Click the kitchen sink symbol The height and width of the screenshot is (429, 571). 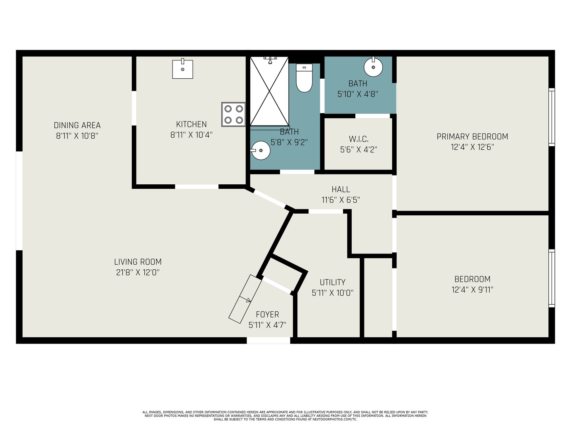[x=183, y=68]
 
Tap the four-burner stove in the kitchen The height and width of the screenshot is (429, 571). [x=233, y=114]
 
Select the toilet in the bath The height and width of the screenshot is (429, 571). [x=304, y=78]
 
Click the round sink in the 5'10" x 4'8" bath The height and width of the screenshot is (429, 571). [x=373, y=67]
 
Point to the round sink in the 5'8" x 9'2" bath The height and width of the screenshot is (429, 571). [x=261, y=150]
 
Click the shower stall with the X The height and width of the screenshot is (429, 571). [x=269, y=91]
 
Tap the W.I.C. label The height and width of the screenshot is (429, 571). [x=359, y=139]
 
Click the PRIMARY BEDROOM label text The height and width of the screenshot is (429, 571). [x=472, y=137]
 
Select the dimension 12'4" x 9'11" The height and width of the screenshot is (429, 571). [x=472, y=290]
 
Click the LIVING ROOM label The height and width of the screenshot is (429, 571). [x=138, y=261]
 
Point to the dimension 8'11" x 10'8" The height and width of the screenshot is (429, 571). [x=77, y=136]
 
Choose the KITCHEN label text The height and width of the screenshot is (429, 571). [x=192, y=124]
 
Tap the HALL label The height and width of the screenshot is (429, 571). [x=341, y=189]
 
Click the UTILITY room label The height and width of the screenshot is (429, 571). [x=332, y=282]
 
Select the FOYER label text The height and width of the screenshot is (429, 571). [x=267, y=314]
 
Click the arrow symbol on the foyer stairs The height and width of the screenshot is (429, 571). [x=245, y=299]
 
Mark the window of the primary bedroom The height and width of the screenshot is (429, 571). [x=552, y=117]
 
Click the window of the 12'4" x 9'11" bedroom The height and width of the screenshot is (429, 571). [x=552, y=278]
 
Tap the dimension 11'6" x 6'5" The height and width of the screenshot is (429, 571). [x=341, y=200]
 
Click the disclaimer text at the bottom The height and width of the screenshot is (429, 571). [x=285, y=416]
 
